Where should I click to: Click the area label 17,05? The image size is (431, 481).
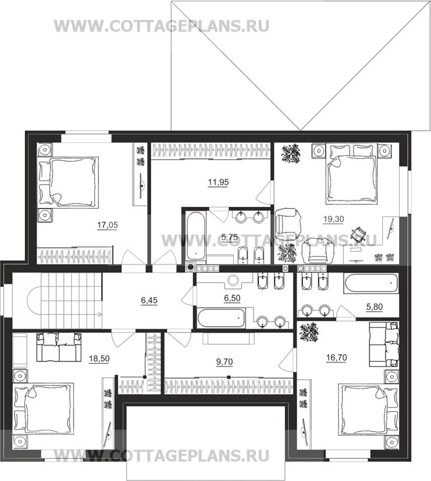coord(108,225)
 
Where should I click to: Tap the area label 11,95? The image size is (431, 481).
coord(218,182)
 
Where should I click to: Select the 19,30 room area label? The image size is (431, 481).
coord(334,219)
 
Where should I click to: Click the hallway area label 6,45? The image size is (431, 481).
coord(149,300)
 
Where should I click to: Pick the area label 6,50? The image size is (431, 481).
coord(232,298)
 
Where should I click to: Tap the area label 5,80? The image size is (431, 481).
coord(374,306)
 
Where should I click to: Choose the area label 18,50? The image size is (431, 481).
coord(99,358)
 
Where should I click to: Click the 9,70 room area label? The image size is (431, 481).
coord(225,362)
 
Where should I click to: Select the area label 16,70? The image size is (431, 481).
coord(336,357)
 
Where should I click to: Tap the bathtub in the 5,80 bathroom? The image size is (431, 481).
coord(371,283)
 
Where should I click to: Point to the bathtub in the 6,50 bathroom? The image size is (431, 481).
coord(221,318)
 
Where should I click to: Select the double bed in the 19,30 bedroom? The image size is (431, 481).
coord(352,177)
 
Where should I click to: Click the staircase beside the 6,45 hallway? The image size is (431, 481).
coord(71,300)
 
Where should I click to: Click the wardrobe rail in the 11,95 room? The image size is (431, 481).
coord(211,151)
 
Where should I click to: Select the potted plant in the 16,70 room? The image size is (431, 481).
coord(308,330)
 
